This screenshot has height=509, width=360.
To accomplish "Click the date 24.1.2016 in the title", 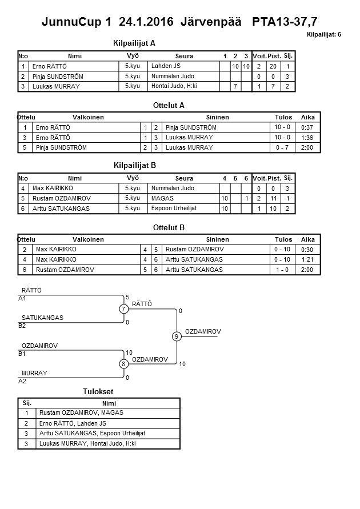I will pyautogui.click(x=147, y=22).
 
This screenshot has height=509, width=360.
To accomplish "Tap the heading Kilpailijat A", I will pyautogui.click(x=135, y=43).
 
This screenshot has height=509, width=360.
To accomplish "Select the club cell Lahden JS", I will pyautogui.click(x=166, y=66).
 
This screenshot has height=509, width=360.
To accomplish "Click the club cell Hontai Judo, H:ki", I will pyautogui.click(x=174, y=86).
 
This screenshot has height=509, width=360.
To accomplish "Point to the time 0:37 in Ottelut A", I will pyautogui.click(x=307, y=127).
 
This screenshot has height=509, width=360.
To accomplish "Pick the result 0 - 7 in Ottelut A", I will pyautogui.click(x=282, y=147).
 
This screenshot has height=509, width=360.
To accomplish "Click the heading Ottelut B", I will pyautogui.click(x=169, y=227).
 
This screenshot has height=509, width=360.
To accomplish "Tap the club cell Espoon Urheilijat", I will pyautogui.click(x=174, y=209).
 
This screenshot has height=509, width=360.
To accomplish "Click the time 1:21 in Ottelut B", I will pyautogui.click(x=307, y=259).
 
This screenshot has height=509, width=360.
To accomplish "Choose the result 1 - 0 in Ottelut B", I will pyautogui.click(x=282, y=270).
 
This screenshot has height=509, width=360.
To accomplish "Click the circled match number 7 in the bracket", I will pyautogui.click(x=123, y=309).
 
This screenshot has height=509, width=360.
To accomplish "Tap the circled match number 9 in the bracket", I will pyautogui.click(x=177, y=336).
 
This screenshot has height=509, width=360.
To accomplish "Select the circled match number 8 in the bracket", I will pyautogui.click(x=123, y=364).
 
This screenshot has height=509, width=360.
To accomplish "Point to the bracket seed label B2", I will pyautogui.click(x=22, y=326).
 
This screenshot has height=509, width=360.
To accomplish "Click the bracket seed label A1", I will pyautogui.click(x=22, y=298).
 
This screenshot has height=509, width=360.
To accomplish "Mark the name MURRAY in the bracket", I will pyautogui.click(x=34, y=373).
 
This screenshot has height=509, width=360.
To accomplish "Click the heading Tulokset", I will pyautogui.click(x=98, y=391).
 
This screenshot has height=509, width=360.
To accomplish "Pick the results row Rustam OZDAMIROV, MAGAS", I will pyautogui.click(x=81, y=412).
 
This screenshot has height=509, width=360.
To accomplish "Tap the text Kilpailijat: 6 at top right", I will pyautogui.click(x=324, y=35).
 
